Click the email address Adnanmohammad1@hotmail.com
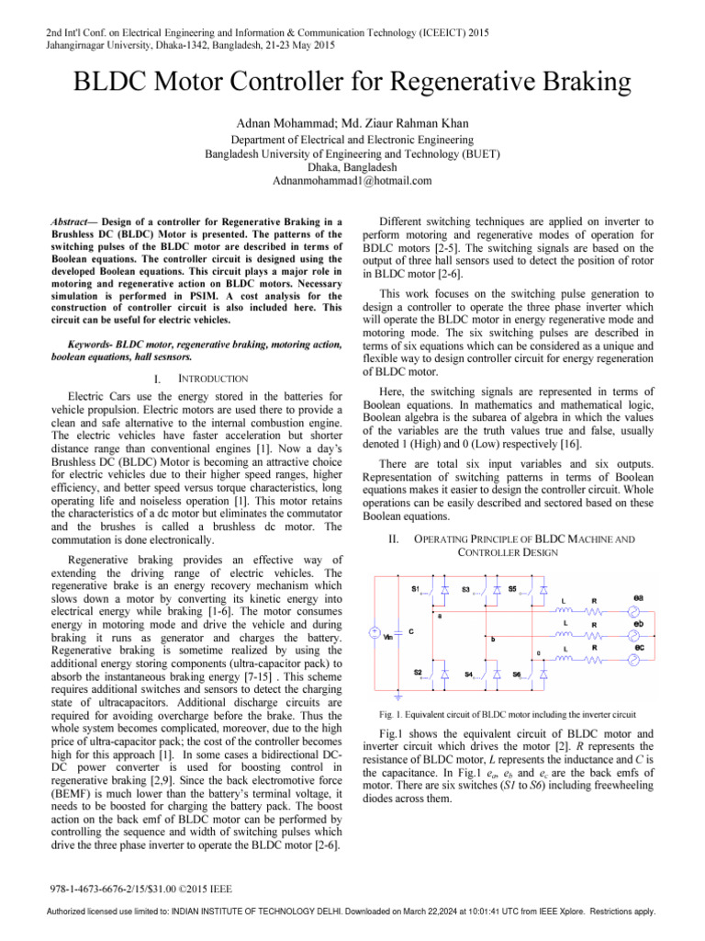(352, 181)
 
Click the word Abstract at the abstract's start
(69, 221)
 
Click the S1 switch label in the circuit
(416, 589)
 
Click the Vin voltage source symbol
(374, 633)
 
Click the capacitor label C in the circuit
(413, 631)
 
